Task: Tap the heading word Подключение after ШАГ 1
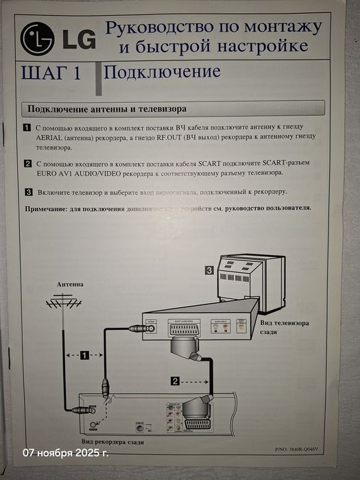tap(163, 72)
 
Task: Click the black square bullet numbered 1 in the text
tap(27, 128)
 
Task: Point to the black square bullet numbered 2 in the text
tap(27, 164)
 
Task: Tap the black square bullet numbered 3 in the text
tap(27, 193)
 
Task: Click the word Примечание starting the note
tap(48, 207)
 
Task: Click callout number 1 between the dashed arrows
tap(84, 355)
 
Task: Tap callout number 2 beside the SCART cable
tap(176, 380)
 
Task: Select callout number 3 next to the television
tap(208, 271)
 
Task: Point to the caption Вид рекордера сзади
tap(112, 444)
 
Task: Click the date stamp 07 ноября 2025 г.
tap(66, 453)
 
